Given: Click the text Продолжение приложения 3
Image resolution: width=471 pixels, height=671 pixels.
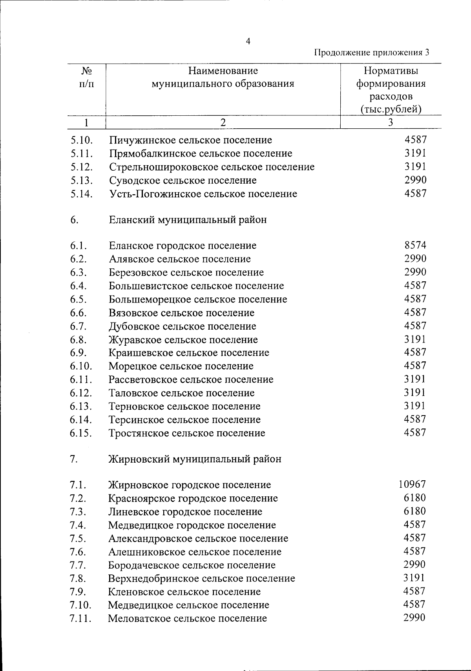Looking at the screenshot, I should point(372,53).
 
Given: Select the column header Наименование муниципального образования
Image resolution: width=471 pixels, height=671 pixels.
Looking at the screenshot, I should point(223,77).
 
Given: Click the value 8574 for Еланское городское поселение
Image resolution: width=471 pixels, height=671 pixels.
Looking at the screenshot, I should point(415,245).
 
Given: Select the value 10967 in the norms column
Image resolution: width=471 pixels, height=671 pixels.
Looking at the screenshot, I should point(412,485).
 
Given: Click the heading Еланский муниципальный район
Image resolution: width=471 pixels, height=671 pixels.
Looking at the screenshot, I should point(188,220).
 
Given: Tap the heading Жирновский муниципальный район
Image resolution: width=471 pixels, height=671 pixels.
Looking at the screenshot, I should point(195,459).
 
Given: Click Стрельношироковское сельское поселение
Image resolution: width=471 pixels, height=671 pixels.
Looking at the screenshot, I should point(212,167).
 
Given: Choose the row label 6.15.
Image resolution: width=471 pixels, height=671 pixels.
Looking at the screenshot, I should point(81,433).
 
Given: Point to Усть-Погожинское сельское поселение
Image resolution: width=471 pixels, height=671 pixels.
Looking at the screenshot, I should point(203,194).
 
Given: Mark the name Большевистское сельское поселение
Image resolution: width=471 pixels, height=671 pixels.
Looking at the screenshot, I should point(196,286).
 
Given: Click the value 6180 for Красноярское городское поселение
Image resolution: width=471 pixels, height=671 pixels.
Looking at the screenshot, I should point(415,498).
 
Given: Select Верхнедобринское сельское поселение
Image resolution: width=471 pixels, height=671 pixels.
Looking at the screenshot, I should point(201,578).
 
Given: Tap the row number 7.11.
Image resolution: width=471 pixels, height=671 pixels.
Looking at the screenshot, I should point(80,619).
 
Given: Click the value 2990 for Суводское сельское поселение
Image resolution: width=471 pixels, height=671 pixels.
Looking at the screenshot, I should point(415,180).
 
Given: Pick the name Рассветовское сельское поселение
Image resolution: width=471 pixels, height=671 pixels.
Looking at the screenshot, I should point(191,379).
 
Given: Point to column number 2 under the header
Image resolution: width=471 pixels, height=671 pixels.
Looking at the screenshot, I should point(223,122).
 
